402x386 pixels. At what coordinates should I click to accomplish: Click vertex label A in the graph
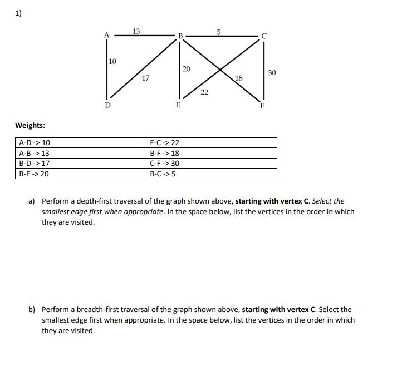(107, 36)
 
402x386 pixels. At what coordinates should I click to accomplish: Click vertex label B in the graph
(180, 37)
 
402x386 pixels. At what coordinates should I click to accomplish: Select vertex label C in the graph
(264, 37)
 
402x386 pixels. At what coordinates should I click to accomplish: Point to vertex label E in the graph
(178, 104)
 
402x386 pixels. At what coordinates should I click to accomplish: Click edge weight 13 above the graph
(136, 31)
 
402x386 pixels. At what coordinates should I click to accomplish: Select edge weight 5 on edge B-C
(219, 31)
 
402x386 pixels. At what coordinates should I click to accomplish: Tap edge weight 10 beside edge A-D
(112, 61)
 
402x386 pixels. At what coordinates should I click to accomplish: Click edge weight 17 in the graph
(145, 78)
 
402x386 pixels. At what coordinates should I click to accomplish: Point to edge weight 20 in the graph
(186, 68)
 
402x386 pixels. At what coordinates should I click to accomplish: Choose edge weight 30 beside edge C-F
(272, 73)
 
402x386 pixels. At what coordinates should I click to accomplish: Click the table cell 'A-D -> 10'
(35, 143)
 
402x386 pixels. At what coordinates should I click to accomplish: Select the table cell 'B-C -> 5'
(163, 174)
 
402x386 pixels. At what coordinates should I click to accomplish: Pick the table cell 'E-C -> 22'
(165, 143)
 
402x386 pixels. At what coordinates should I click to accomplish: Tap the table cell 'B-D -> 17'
(35, 164)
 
